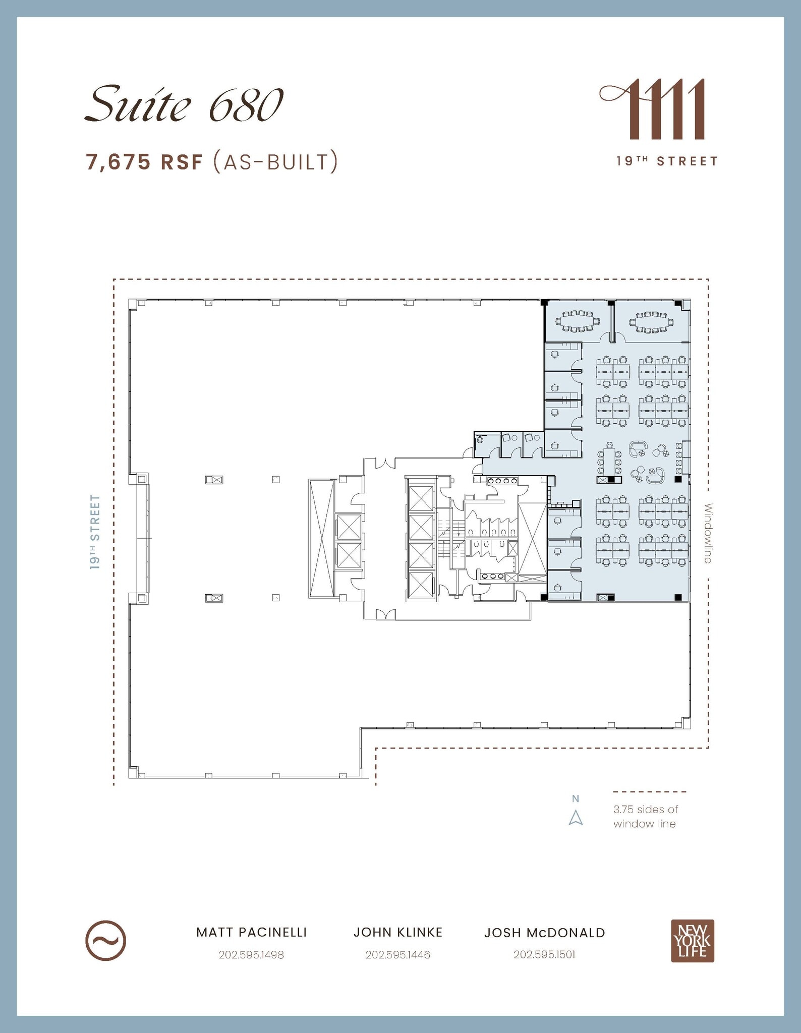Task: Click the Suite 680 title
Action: pos(184,105)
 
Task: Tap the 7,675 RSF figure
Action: pos(144,162)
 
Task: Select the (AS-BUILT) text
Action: pos(275,162)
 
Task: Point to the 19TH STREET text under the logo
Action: pos(666,161)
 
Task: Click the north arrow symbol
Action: pos(576,817)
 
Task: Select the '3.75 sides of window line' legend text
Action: pos(645,817)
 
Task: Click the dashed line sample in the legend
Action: pos(649,792)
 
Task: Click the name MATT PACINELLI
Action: pos(251,932)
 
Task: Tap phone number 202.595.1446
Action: pos(397,955)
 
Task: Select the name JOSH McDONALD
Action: pos(544,933)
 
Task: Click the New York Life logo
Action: pos(692,941)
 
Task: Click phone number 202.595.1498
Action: pos(251,955)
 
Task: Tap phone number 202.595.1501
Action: pos(544,955)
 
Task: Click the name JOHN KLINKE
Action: pos(397,932)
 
